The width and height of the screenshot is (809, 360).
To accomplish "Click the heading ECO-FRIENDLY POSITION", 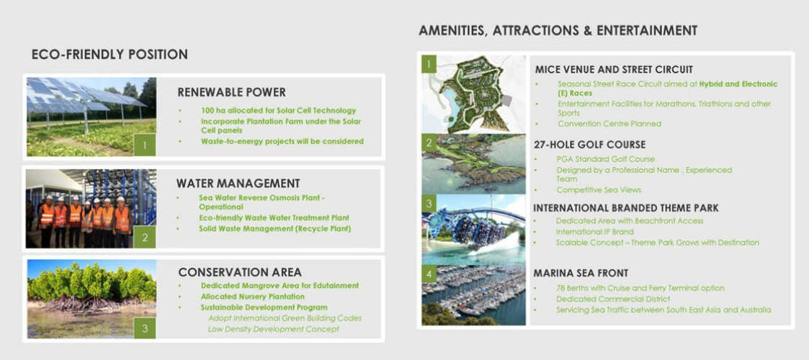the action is click(109, 55).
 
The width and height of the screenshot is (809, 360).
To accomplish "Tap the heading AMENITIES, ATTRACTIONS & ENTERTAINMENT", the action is click(558, 30).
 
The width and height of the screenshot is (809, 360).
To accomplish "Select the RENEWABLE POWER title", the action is click(232, 92).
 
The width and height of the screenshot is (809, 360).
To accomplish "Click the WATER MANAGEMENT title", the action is click(238, 183).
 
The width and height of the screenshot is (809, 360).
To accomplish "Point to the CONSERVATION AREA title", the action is click(240, 272).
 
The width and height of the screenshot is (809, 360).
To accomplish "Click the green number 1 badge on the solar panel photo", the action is click(145, 145).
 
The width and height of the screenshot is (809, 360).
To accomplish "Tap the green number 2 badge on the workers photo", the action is click(145, 237).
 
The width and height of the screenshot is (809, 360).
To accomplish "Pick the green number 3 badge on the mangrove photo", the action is click(145, 328).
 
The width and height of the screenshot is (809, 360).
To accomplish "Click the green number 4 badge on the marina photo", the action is click(429, 274).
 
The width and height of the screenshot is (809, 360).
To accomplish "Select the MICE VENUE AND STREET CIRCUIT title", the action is click(614, 70).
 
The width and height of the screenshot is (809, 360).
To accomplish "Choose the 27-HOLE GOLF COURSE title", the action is click(590, 145).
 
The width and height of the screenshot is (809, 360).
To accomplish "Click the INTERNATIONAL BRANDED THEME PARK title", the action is click(626, 208).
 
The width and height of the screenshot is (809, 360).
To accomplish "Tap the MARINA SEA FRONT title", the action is click(581, 274).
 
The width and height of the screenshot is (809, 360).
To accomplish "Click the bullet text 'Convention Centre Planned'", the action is click(609, 124).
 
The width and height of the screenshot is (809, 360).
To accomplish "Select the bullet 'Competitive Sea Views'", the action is click(599, 190).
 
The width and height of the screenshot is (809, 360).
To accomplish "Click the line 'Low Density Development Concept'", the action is click(274, 329).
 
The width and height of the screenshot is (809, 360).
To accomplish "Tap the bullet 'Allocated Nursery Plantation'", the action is click(253, 297).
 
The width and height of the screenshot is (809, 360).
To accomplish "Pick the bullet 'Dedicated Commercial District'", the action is click(613, 299).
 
